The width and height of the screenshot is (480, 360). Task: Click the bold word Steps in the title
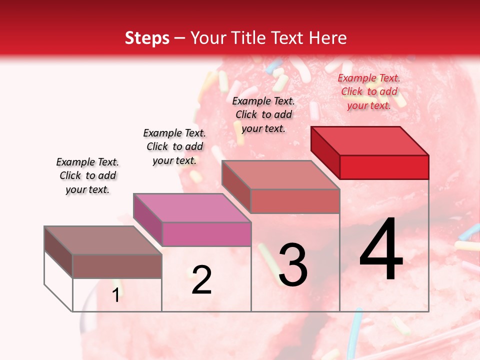[147, 38]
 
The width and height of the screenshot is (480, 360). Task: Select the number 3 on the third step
[292, 265]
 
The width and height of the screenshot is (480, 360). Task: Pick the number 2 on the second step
[201, 280]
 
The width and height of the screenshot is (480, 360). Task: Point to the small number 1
[116, 295]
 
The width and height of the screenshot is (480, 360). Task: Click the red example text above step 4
[369, 91]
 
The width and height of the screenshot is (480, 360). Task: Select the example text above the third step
[263, 114]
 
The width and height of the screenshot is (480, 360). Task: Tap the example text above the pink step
[174, 146]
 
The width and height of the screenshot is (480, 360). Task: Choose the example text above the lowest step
[87, 175]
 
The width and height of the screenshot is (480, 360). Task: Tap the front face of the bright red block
[384, 167]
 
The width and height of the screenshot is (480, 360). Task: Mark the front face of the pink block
[206, 234]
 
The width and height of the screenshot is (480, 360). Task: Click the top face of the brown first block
[103, 240]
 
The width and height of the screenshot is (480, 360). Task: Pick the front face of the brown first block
[117, 266]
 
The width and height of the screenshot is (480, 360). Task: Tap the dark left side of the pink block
[148, 220]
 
